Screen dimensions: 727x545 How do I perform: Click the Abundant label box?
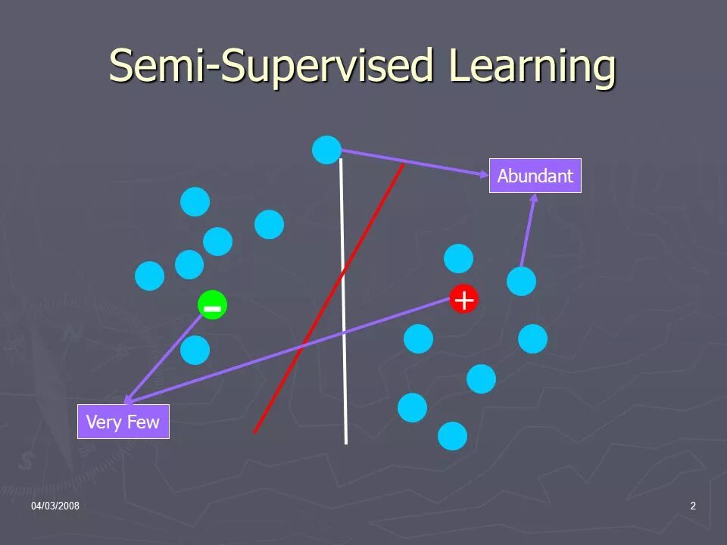coord(535,176)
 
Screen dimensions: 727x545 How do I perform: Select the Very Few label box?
coord(123,422)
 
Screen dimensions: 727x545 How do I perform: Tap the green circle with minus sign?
coord(212,306)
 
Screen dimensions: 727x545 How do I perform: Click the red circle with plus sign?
coord(463,300)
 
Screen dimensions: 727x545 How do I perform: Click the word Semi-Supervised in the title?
coord(269,66)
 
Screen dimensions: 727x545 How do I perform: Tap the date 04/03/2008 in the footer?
coord(55,506)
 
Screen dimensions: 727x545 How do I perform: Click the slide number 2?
coord(692,506)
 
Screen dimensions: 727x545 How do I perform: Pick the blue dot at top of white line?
coord(326,150)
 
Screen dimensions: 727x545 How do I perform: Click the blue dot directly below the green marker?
coord(195,350)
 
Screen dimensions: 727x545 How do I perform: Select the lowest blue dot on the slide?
coord(452,436)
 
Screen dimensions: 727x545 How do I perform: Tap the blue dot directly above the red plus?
coord(458,259)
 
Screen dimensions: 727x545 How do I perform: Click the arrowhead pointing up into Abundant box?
coord(533,198)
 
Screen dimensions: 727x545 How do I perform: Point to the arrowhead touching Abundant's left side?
coord(484,175)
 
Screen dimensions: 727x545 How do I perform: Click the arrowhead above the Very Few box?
coord(129,399)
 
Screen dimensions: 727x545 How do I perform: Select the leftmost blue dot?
coord(149,276)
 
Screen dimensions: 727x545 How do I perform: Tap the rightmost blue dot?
coord(532,338)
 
